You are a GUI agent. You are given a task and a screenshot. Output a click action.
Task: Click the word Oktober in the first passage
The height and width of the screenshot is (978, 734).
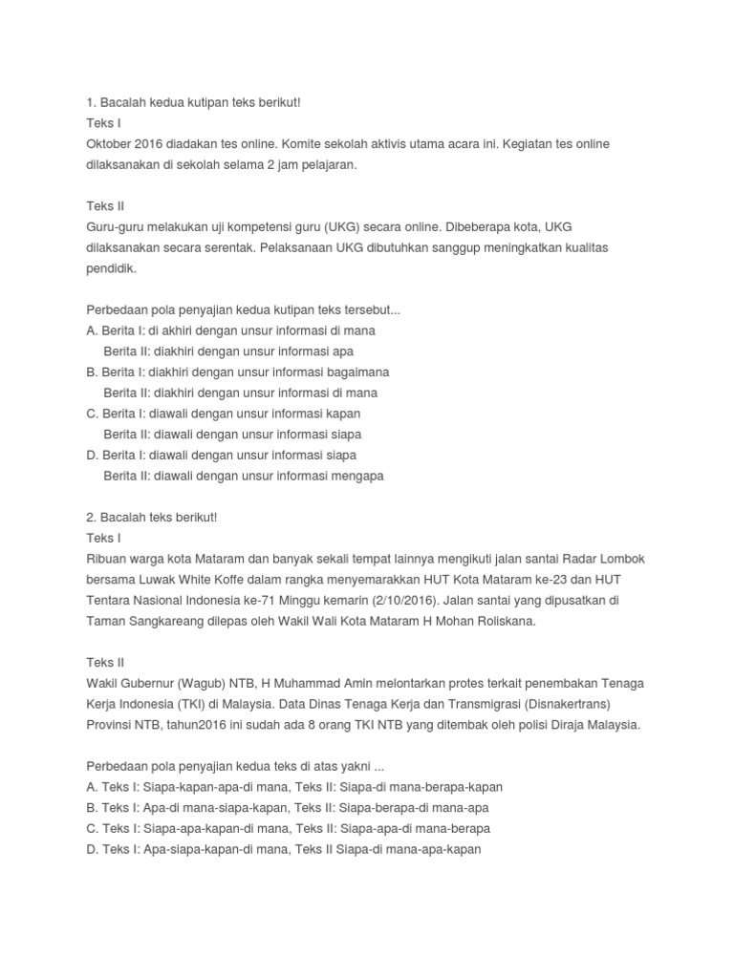[111, 143]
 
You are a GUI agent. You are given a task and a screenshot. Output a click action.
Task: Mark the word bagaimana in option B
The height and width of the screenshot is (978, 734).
[354, 372]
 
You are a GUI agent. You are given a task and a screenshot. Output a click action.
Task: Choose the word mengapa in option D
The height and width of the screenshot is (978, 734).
[357, 476]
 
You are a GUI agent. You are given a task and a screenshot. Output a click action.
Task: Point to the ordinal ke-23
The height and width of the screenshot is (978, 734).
[550, 579]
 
